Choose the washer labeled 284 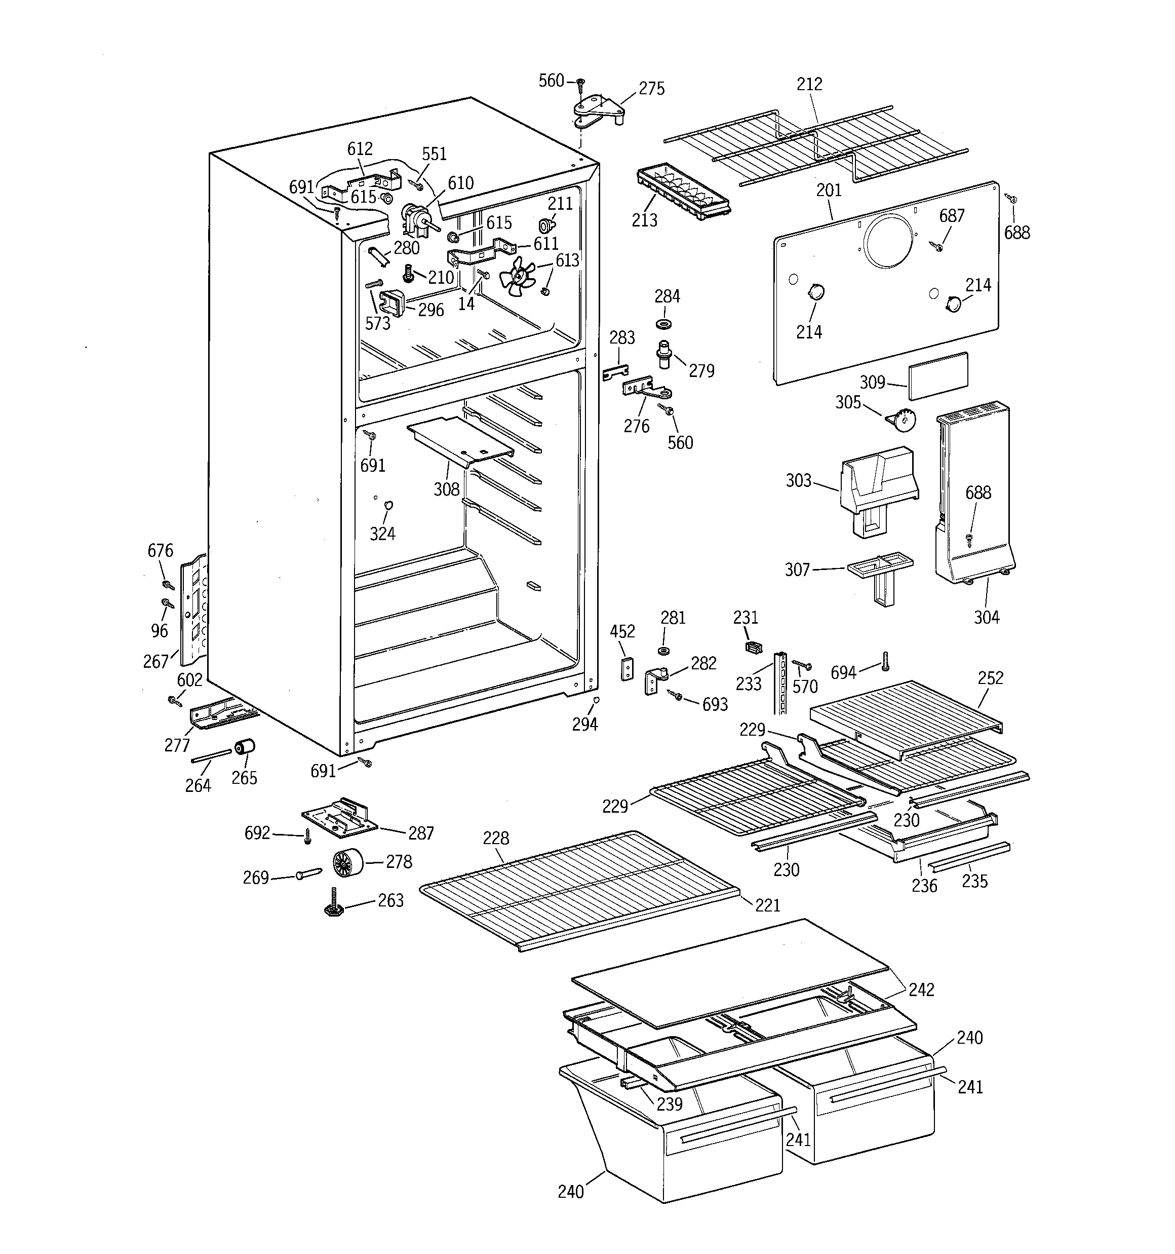(663, 324)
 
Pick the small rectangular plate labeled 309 (938, 375)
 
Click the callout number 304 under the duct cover (987, 617)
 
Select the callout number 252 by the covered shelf (990, 677)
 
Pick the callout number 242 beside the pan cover (921, 989)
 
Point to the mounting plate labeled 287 (340, 819)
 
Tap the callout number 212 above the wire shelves (809, 84)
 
